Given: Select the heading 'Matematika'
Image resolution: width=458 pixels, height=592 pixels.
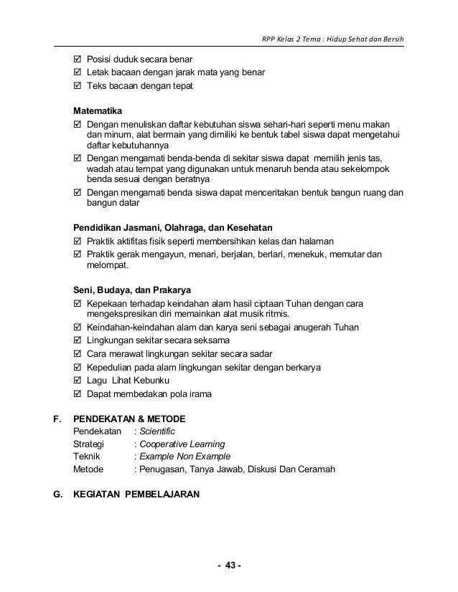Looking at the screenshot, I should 98,112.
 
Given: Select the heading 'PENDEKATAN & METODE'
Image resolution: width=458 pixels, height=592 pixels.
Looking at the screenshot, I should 130,419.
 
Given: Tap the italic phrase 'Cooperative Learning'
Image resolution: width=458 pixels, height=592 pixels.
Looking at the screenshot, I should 182,444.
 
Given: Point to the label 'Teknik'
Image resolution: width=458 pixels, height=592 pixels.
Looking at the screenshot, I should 88,457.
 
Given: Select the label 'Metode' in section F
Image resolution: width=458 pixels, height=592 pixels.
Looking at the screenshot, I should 89,469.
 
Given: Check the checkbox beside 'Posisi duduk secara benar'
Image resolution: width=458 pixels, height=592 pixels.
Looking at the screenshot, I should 78,59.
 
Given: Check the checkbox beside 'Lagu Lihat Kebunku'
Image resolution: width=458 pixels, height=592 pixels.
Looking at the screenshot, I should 78,381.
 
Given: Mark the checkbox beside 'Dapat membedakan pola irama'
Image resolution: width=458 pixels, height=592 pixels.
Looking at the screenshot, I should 78,393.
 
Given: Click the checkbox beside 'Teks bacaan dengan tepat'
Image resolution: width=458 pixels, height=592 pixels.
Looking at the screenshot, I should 78,85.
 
